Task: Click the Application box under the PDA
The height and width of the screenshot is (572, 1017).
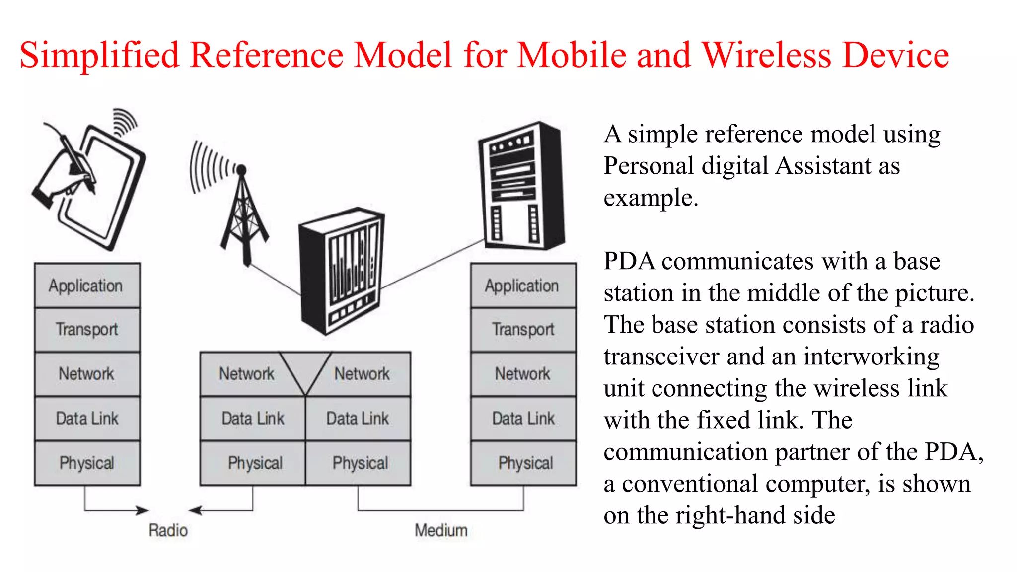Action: click(x=87, y=286)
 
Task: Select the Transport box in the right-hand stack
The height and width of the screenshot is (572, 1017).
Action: click(x=523, y=330)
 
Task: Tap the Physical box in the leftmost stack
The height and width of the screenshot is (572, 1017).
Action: click(x=87, y=463)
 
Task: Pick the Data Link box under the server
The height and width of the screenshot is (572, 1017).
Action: click(x=523, y=419)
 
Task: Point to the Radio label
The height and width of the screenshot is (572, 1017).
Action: click(x=168, y=530)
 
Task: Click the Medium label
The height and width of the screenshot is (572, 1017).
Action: click(x=441, y=530)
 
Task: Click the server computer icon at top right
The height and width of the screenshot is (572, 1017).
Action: click(x=521, y=186)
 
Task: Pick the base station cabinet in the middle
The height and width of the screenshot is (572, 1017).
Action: click(x=342, y=271)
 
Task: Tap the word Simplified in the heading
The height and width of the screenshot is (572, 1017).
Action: click(x=99, y=55)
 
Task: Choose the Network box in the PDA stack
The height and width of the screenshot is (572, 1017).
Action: click(x=87, y=374)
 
